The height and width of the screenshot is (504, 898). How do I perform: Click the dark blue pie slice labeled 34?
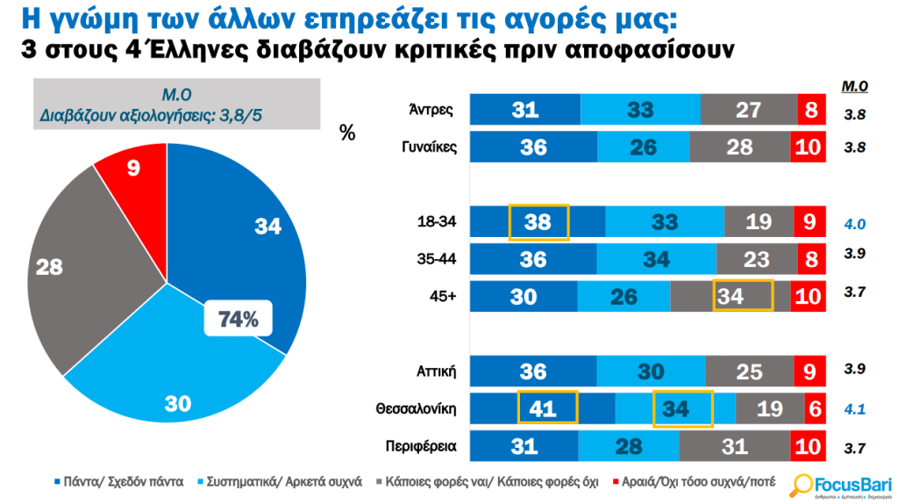254,237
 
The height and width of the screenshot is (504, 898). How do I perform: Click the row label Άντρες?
431,110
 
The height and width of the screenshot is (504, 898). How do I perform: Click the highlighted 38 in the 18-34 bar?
538,222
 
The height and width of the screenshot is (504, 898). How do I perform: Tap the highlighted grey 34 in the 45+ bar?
742,296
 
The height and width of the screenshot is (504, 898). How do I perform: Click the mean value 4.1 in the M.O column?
854,409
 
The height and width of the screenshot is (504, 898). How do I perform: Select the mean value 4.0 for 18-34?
854,224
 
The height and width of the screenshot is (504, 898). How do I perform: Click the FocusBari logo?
840,485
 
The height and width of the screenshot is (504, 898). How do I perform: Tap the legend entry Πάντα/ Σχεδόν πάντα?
124,481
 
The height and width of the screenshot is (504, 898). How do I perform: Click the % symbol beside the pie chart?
347,133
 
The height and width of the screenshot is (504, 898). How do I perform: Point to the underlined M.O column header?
854,86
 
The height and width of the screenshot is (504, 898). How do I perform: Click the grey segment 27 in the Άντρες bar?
748,110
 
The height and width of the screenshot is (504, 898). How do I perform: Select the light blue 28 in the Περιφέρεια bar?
627,445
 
